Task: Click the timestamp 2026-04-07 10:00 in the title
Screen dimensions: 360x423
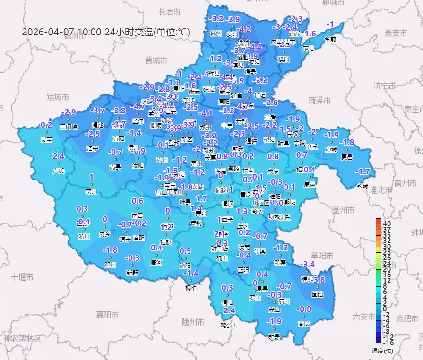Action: pyautogui.click(x=62, y=32)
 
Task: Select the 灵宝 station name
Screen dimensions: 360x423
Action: pyautogui.click(x=46, y=139)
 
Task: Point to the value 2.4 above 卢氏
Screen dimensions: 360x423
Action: pyautogui.click(x=59, y=156)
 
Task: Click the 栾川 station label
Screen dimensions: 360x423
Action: pyautogui.click(x=91, y=191)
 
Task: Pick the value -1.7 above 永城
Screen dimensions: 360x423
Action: pyautogui.click(x=363, y=171)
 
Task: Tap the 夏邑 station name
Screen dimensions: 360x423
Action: pyautogui.click(x=346, y=157)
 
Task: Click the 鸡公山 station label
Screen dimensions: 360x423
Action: pyautogui.click(x=229, y=325)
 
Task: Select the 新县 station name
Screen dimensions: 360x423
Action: pyautogui.click(x=274, y=336)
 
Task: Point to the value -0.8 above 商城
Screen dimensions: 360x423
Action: pyautogui.click(x=303, y=309)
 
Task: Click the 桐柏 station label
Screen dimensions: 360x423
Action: pyautogui.click(x=191, y=288)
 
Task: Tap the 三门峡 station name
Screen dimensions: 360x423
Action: pyautogui.click(x=69, y=127)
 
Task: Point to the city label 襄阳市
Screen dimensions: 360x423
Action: pyautogui.click(x=107, y=314)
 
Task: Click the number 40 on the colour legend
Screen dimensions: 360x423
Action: pyautogui.click(x=387, y=223)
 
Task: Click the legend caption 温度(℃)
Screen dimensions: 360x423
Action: pyautogui.click(x=382, y=351)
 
